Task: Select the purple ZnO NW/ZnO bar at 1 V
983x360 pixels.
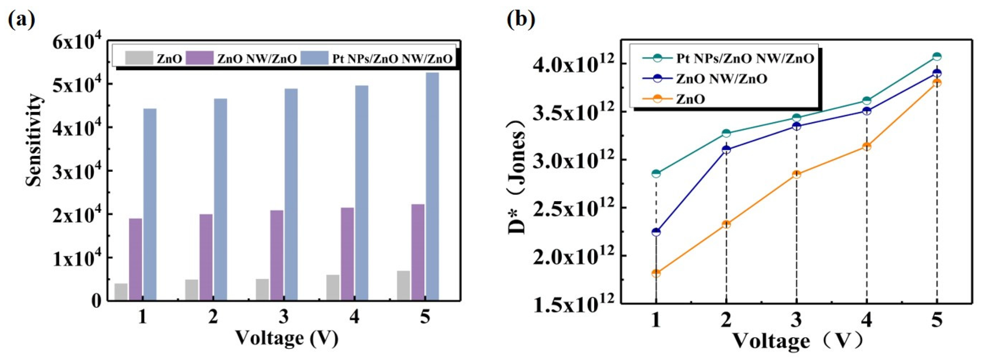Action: tap(136, 259)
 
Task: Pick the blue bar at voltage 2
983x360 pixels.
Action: tap(220, 199)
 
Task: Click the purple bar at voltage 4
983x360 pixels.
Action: tap(347, 254)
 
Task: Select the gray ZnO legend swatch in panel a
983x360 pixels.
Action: tap(139, 58)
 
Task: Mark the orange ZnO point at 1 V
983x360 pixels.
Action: tap(656, 273)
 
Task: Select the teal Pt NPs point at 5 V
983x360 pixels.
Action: tap(937, 56)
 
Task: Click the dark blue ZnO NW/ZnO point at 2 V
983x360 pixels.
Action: tap(726, 150)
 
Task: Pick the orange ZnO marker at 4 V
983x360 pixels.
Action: tap(867, 147)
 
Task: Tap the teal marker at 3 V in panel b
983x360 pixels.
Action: tap(796, 117)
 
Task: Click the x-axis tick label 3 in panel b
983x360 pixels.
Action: tap(796, 320)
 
